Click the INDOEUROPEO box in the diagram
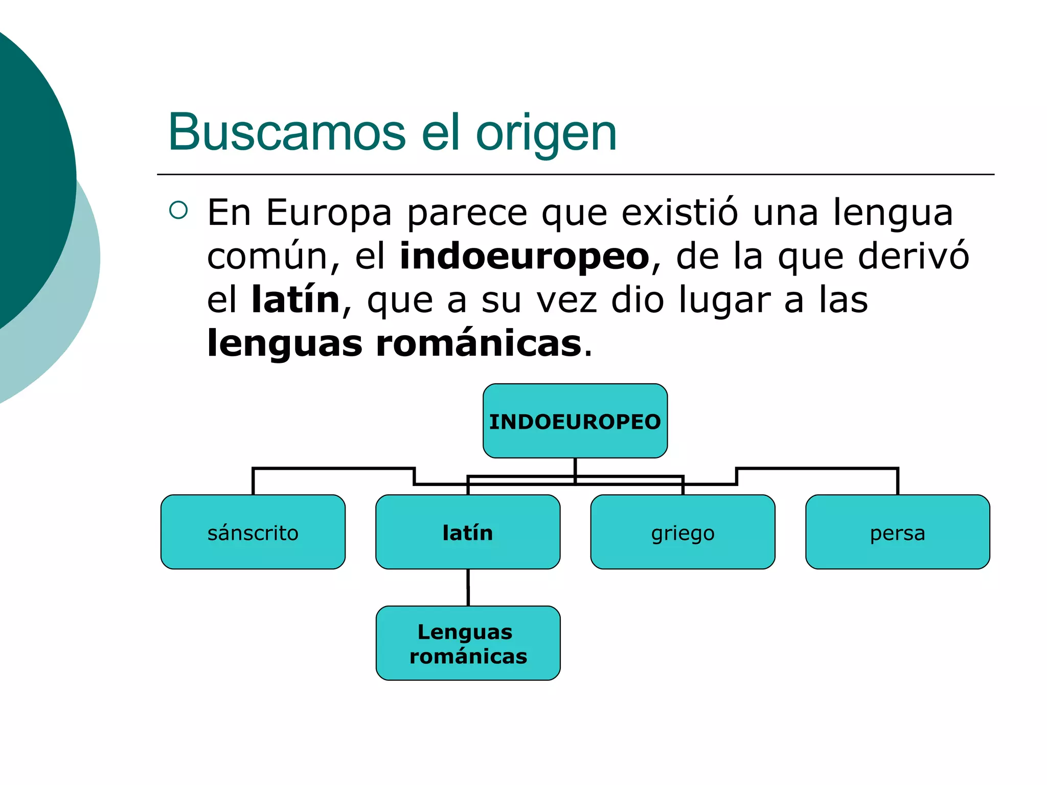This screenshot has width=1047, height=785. click(x=575, y=421)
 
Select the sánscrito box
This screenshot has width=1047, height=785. click(x=253, y=532)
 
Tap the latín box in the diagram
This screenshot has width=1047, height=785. click(x=467, y=532)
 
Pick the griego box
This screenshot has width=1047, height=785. click(x=682, y=532)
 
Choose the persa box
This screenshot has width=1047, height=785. click(x=897, y=532)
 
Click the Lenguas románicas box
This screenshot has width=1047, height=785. click(x=468, y=643)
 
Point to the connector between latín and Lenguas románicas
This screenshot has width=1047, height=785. click(x=468, y=587)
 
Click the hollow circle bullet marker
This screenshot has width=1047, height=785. click(x=178, y=210)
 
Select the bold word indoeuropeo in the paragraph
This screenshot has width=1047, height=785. click(x=524, y=256)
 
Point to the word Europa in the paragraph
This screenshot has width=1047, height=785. click(x=329, y=213)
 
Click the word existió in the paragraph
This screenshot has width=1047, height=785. click(x=680, y=213)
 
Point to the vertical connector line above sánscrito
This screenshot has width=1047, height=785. click(x=253, y=481)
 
